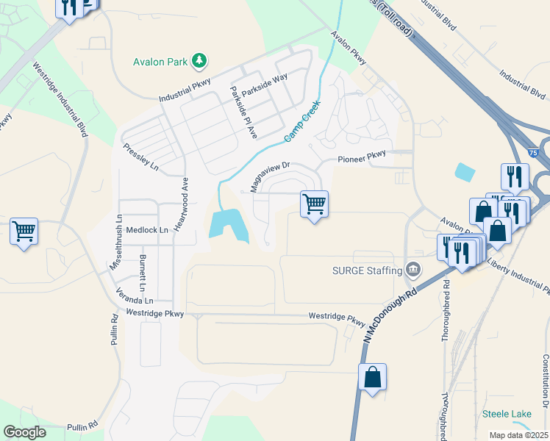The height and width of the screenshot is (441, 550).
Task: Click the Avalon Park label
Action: click(x=161, y=62)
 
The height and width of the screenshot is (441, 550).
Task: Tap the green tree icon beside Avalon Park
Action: click(x=199, y=60)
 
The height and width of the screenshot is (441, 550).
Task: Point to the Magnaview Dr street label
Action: click(x=271, y=177)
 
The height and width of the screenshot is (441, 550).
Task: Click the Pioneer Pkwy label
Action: click(x=362, y=158)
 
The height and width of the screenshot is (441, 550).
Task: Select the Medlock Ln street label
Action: click(x=147, y=229)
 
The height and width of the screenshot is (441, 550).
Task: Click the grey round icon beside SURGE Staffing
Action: click(x=413, y=270)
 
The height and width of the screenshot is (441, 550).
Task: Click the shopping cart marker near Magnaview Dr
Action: click(x=314, y=204)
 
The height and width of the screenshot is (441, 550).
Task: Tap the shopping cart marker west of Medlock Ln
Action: click(x=24, y=232)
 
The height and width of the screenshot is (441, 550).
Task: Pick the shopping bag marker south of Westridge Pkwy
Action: click(x=373, y=377)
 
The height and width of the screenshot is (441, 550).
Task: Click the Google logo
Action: click(x=24, y=432)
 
